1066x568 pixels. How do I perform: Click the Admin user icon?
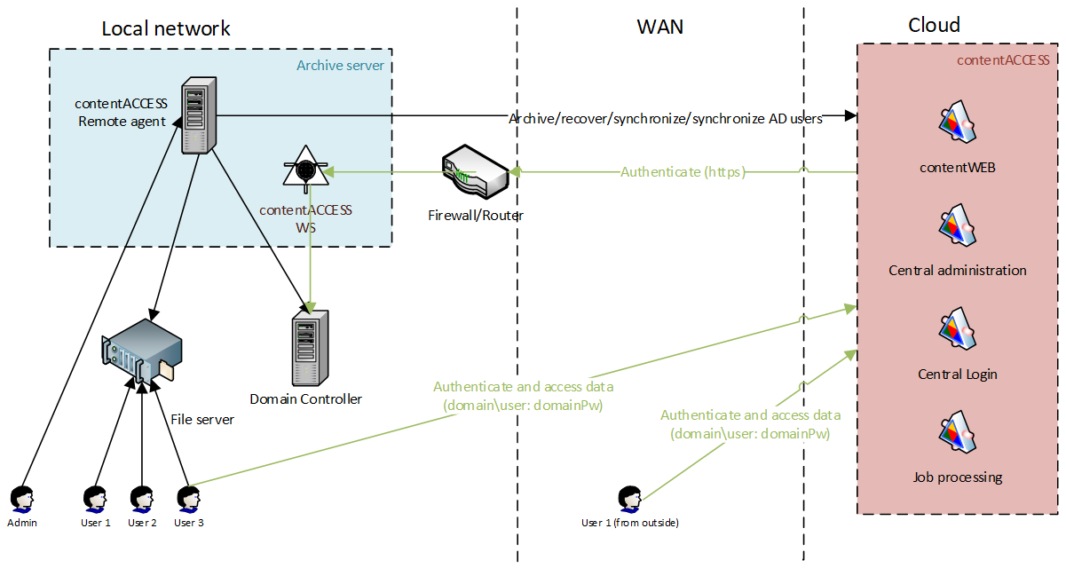(x=21, y=499)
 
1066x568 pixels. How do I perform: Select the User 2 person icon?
(x=141, y=499)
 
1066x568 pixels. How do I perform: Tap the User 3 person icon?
(x=188, y=499)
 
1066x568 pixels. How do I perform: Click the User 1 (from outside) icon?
(x=629, y=499)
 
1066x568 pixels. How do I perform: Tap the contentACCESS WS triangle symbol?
(x=304, y=167)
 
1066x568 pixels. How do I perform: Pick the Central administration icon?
(x=957, y=228)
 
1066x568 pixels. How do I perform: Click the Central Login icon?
(x=957, y=332)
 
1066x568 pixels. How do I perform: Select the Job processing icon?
(x=957, y=435)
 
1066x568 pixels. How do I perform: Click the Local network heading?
(x=166, y=28)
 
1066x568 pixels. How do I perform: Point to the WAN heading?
(x=660, y=27)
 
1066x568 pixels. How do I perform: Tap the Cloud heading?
(x=934, y=25)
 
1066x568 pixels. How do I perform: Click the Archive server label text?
(x=340, y=66)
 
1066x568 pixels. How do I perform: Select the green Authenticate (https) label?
(x=683, y=172)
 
